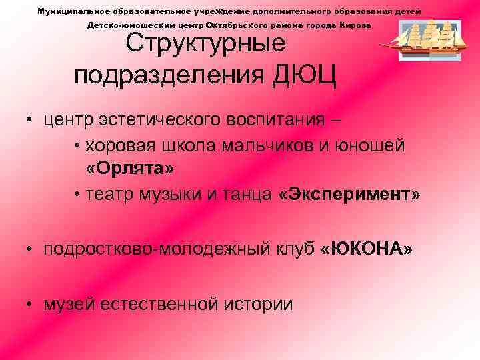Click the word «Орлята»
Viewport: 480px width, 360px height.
pos(130,169)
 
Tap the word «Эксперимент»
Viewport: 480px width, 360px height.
pos(349,195)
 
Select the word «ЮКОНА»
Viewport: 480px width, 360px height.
pos(367,249)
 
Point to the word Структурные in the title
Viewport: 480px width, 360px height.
pos(206,44)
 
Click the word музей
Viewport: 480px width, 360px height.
pos(69,304)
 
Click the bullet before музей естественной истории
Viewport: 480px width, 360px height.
pos(30,305)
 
